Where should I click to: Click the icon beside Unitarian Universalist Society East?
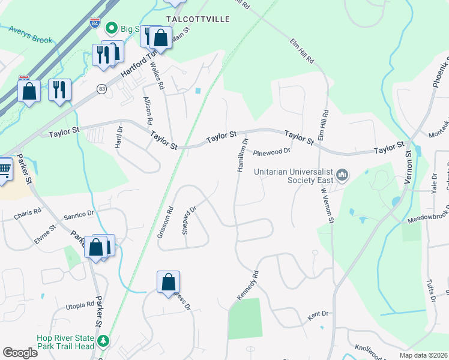point(343,175)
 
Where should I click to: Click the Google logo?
point(20,353)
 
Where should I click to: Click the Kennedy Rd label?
point(247,286)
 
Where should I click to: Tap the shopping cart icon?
point(5,169)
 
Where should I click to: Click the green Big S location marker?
point(111,28)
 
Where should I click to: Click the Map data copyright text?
point(423,355)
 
